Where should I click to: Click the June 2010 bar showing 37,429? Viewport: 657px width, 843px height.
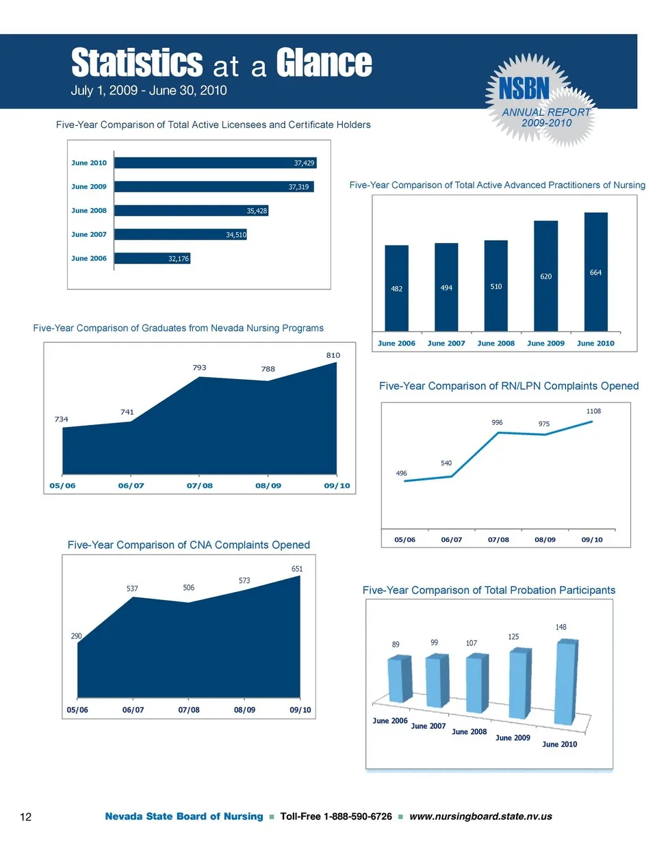pos(215,163)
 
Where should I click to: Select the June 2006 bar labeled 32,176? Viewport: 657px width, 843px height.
pos(152,259)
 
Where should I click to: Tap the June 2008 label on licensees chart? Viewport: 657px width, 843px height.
pos(89,211)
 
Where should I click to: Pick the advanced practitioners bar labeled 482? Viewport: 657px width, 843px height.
pos(397,288)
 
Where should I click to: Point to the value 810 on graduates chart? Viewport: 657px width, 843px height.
pos(333,355)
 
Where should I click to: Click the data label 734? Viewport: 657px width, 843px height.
pos(62,419)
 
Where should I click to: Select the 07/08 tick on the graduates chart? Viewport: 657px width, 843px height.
pos(199,485)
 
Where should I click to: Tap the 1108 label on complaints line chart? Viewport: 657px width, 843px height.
pos(593,411)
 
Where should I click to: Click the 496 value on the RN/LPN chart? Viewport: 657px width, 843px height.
pos(402,473)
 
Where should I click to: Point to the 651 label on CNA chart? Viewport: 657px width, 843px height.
pos(297,569)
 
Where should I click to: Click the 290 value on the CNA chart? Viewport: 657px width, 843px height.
pos(77,636)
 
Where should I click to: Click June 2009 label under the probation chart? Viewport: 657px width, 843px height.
pos(513,738)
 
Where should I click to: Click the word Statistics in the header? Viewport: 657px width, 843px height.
pos(137,64)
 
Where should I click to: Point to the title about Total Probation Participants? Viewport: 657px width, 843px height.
pos(489,590)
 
